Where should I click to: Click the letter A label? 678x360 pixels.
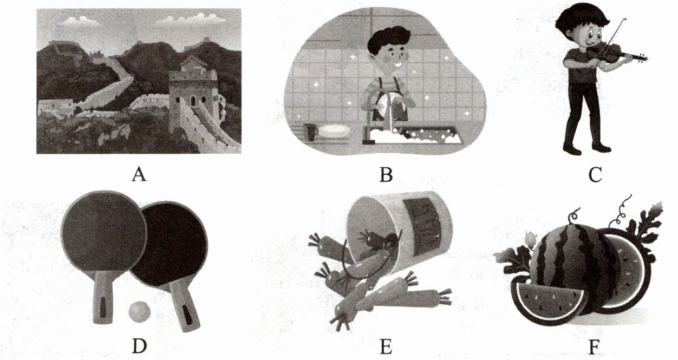tap(139, 175)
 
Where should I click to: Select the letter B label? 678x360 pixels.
tap(386, 175)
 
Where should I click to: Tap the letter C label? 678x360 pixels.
tap(595, 175)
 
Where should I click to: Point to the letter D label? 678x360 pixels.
tap(139, 346)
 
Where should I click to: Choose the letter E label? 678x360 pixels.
tap(386, 346)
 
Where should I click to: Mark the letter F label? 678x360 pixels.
tap(594, 346)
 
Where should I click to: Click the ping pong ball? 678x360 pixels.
tap(140, 312)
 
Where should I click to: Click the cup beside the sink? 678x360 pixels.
tap(310, 132)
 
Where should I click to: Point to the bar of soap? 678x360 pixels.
tap(335, 131)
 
